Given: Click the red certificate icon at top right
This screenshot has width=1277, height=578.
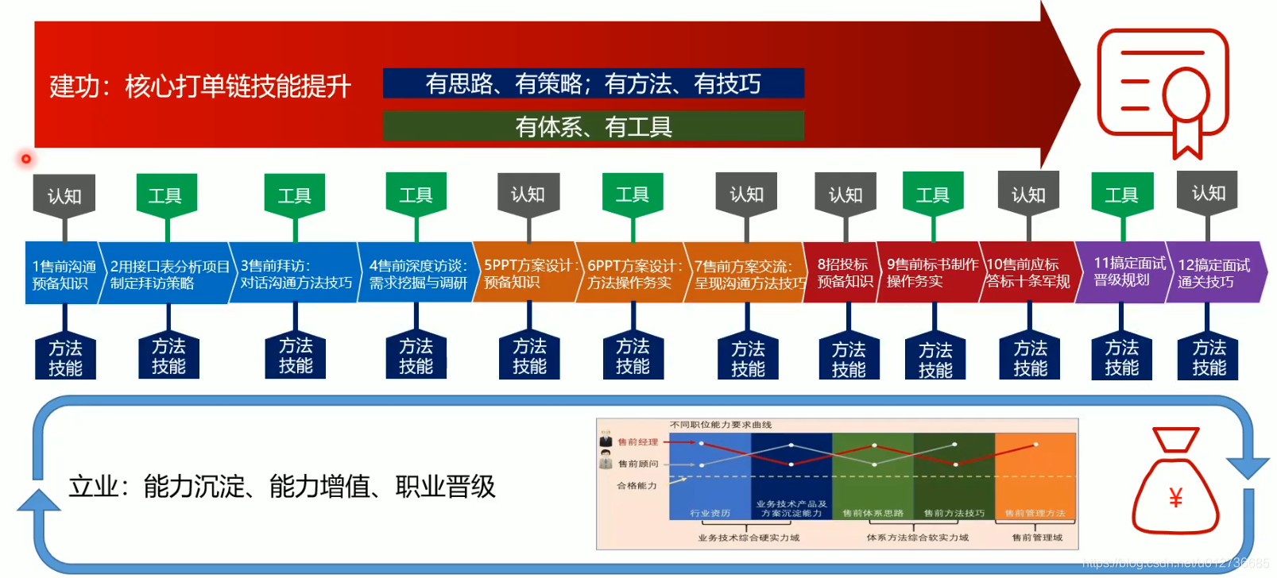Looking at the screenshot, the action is tap(1163, 92).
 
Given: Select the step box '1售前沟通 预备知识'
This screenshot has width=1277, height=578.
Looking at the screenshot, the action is tap(63, 274).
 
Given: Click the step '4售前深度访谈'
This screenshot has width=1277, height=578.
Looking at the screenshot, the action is tap(417, 274).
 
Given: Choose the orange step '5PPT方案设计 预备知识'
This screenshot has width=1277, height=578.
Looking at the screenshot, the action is tap(526, 273).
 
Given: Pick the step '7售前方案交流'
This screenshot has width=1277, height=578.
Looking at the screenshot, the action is tap(745, 274).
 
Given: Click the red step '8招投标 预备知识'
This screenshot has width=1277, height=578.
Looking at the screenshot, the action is tap(842, 272).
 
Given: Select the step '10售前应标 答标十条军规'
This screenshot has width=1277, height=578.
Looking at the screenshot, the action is tap(1027, 272).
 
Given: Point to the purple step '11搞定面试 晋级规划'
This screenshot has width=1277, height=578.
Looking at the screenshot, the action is tap(1124, 271).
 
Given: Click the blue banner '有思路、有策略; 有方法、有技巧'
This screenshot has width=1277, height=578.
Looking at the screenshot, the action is tap(593, 83).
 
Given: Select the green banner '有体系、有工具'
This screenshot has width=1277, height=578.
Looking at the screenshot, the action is tap(593, 126).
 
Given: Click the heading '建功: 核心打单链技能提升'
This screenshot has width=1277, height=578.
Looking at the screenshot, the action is tap(199, 86).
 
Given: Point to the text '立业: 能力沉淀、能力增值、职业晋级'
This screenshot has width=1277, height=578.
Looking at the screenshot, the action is tap(281, 486).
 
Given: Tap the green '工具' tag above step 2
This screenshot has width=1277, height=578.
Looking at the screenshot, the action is tap(165, 195).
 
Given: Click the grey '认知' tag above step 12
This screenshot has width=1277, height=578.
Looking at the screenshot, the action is tap(1208, 193).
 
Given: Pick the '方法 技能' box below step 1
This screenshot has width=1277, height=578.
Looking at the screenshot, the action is tap(65, 358).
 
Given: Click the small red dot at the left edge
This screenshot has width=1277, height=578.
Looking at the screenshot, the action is tap(26, 159).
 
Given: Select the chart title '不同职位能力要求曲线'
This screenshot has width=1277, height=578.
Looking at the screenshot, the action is tap(720, 425).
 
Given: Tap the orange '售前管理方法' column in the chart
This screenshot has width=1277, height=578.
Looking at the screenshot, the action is tap(1035, 476).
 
